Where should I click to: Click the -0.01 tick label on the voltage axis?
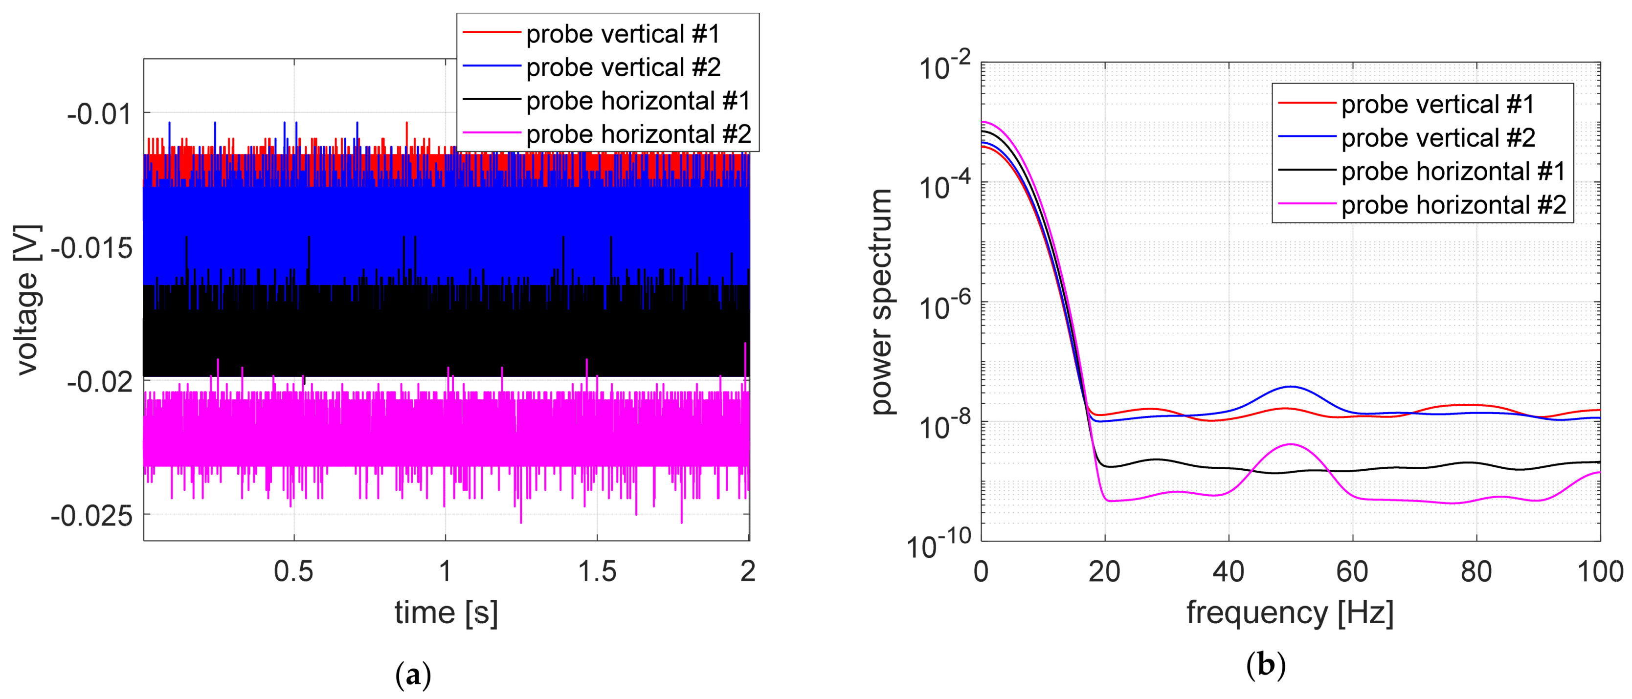point(99,114)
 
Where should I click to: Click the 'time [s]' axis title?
point(446,612)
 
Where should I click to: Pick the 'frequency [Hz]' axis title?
point(1290,612)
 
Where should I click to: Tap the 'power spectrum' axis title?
point(881,302)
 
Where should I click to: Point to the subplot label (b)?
point(1265,665)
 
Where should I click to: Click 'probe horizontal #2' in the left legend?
point(638,134)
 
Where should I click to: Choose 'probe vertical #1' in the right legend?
point(1437,105)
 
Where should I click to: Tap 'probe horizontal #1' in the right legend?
point(1453,172)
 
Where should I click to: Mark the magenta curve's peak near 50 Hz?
point(1290,444)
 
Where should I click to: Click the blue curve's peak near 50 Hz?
point(1290,386)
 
